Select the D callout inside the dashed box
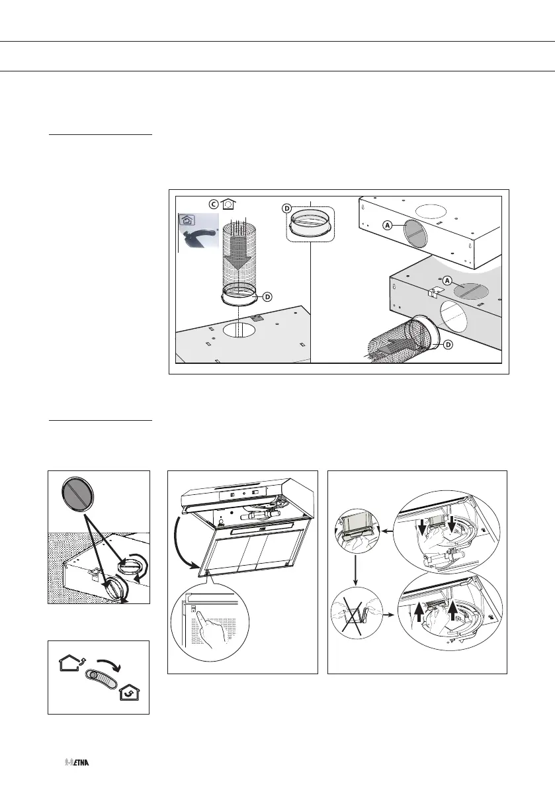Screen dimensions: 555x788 click(288, 208)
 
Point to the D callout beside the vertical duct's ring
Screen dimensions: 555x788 click(267, 296)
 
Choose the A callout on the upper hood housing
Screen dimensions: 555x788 click(388, 225)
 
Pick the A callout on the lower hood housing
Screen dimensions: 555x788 click(447, 280)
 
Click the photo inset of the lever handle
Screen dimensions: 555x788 click(198, 232)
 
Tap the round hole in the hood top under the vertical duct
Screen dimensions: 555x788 click(239, 330)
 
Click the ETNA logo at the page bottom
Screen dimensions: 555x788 click(77, 763)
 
